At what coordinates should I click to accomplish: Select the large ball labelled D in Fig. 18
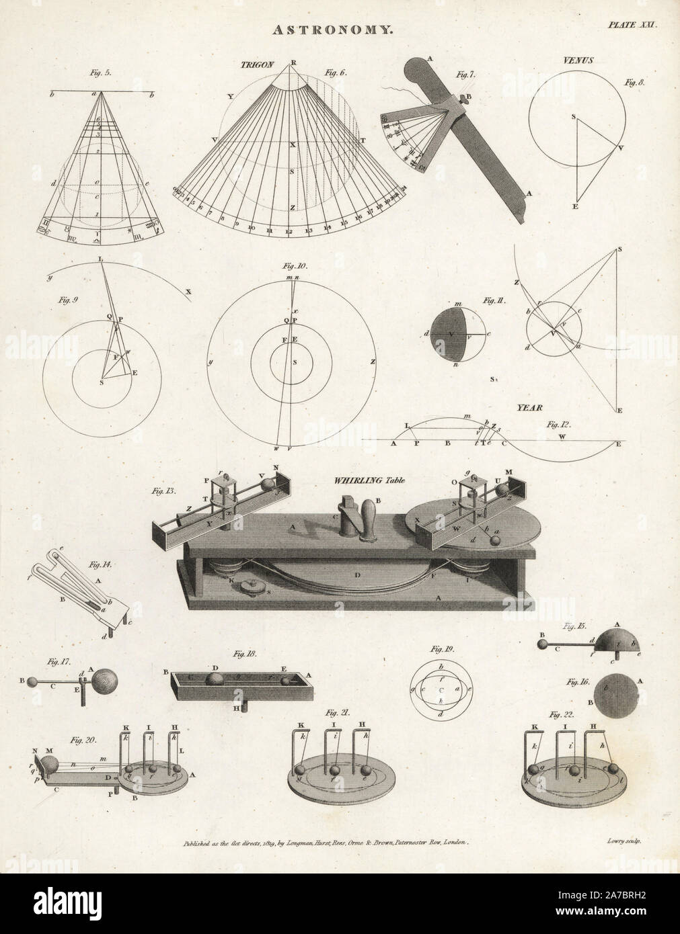(x=215, y=680)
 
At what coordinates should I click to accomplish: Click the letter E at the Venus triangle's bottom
(x=576, y=207)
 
